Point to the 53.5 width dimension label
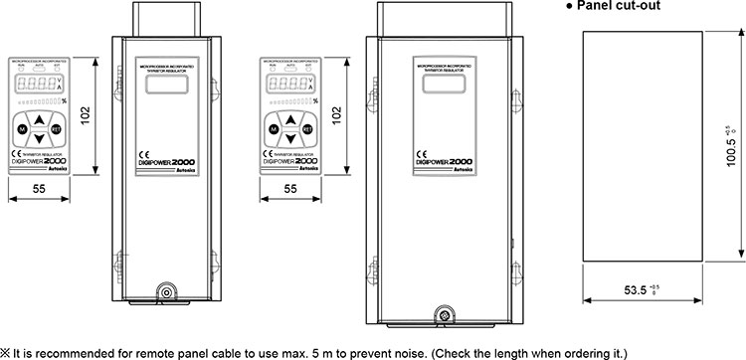(642, 291)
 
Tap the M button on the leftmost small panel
(20, 130)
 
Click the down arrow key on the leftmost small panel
(39, 139)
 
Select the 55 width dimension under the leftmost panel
(38, 186)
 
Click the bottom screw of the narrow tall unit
(165, 294)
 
